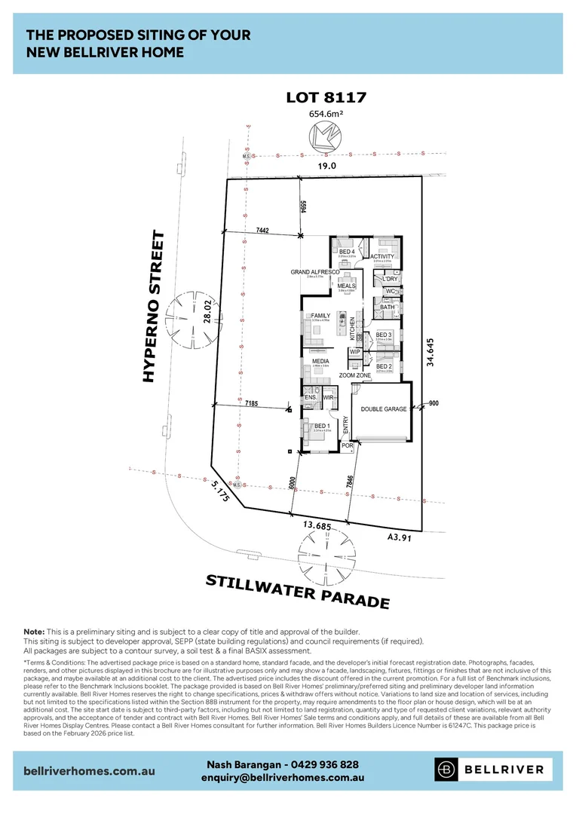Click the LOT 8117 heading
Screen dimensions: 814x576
pyautogui.click(x=326, y=97)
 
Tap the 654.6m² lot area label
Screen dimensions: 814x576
pyautogui.click(x=326, y=114)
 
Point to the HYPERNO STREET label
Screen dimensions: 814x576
pyautogui.click(x=155, y=307)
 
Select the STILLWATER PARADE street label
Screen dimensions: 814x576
pyautogui.click(x=298, y=590)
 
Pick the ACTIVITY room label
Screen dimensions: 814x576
pyautogui.click(x=382, y=256)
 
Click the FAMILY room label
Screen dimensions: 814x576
pyautogui.click(x=321, y=316)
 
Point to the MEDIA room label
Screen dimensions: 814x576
pyautogui.click(x=321, y=361)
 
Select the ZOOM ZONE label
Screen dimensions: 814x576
pyautogui.click(x=354, y=375)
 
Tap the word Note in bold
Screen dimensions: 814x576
pyautogui.click(x=35, y=631)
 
